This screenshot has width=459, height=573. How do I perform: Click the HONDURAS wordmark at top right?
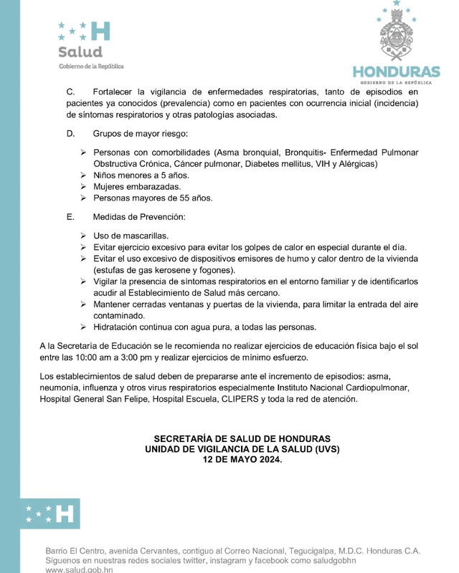(395, 73)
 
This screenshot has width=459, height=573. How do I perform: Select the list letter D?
(70, 134)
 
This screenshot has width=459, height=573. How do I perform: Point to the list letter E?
(70, 216)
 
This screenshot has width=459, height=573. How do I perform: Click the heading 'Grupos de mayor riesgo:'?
(140, 134)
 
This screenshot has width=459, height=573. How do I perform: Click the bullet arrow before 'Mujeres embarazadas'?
(83, 186)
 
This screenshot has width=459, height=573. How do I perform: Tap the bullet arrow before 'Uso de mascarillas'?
(83, 235)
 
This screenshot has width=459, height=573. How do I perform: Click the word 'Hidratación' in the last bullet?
(118, 327)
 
